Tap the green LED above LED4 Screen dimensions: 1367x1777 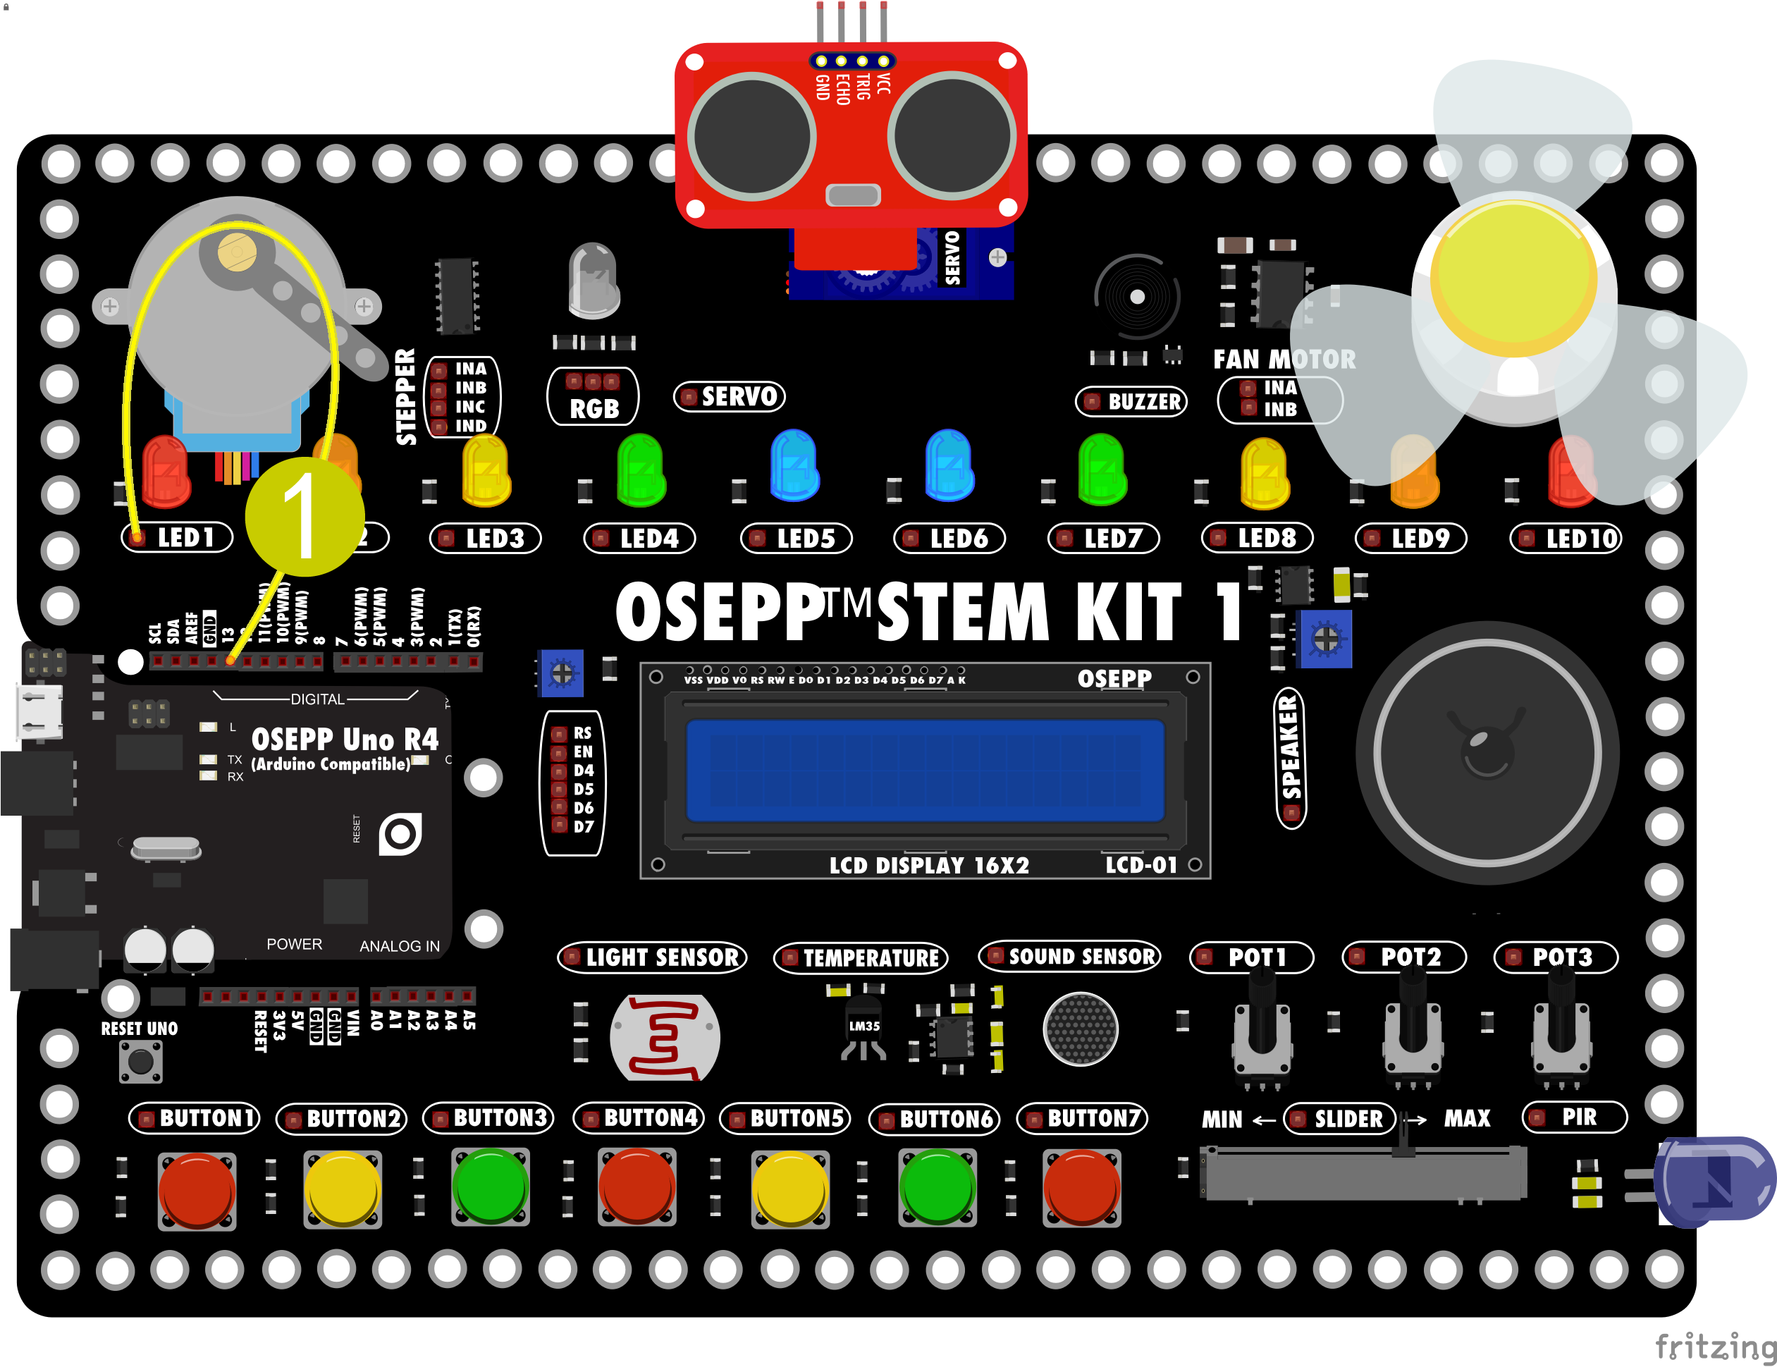pyautogui.click(x=641, y=470)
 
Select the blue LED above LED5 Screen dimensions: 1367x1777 pyautogui.click(x=794, y=465)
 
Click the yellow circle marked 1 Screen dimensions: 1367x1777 pyautogui.click(x=305, y=516)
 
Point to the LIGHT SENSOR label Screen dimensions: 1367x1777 pyautogui.click(x=653, y=957)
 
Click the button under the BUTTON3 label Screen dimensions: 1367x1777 pyautogui.click(x=490, y=1187)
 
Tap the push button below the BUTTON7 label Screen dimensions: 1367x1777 pyautogui.click(x=1081, y=1187)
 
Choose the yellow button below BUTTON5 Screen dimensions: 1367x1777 pyautogui.click(x=789, y=1187)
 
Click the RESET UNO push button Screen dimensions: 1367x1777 pyautogui.click(x=141, y=1061)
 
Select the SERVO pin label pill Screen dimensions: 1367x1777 pyautogui.click(x=730, y=396)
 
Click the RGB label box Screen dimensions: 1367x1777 pyautogui.click(x=593, y=397)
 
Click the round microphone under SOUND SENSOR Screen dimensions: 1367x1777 pyautogui.click(x=1081, y=1029)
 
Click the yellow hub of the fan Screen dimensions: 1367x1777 pyautogui.click(x=1513, y=273)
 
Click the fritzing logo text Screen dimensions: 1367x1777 pyautogui.click(x=1714, y=1347)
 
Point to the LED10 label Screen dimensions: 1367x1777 pyautogui.click(x=1566, y=538)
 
